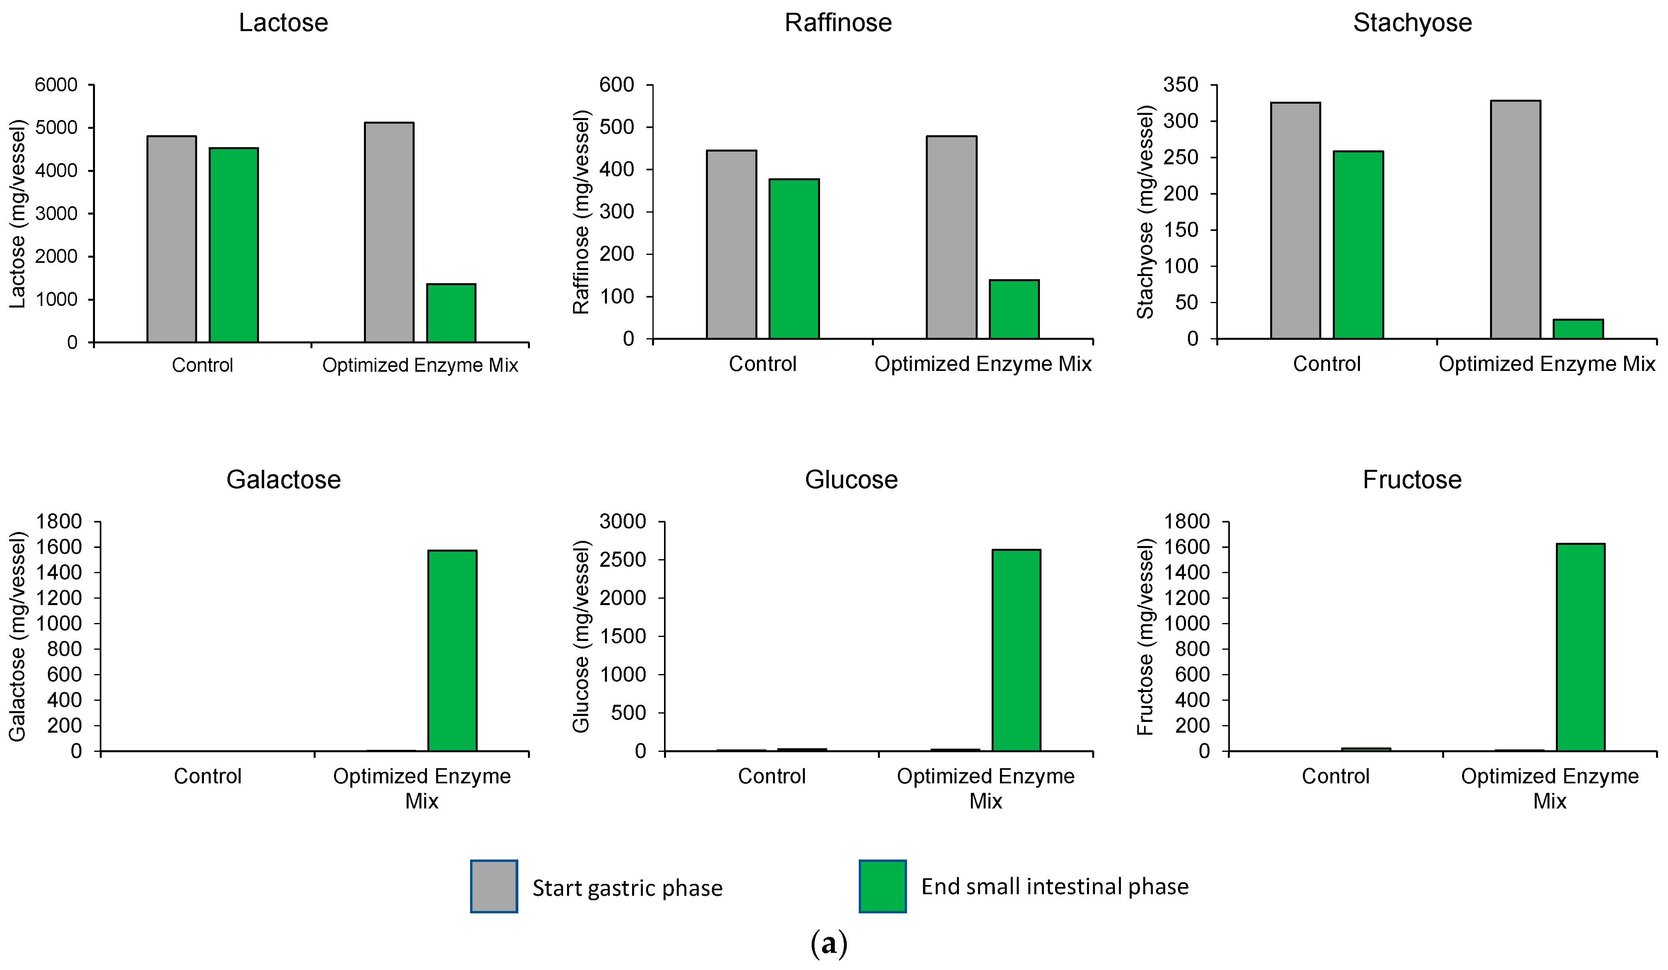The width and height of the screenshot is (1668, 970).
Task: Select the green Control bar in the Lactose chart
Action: pyautogui.click(x=234, y=245)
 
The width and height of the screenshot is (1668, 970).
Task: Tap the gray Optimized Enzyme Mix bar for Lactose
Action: pyautogui.click(x=389, y=232)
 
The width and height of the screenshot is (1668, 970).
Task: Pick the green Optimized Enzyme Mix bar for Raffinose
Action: pyautogui.click(x=1014, y=309)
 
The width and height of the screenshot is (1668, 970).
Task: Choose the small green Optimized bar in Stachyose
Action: pyautogui.click(x=1578, y=329)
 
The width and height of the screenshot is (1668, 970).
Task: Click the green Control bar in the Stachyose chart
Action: pyautogui.click(x=1358, y=245)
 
